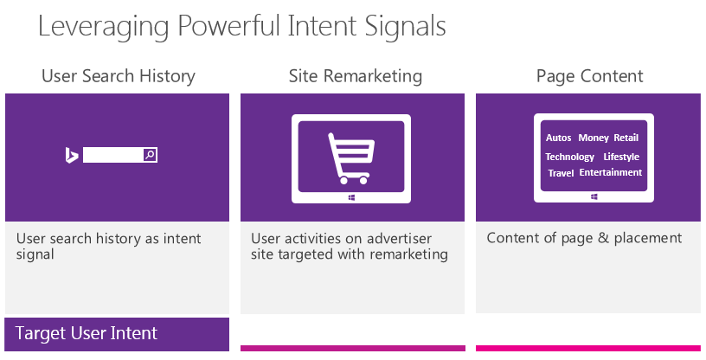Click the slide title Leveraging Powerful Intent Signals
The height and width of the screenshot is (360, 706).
(241, 26)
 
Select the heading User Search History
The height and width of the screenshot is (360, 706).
(119, 76)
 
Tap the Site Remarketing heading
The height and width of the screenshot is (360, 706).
(356, 76)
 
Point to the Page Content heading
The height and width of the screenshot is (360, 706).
(589, 76)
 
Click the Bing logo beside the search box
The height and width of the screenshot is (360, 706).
(72, 155)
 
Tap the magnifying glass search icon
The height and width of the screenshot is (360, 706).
(150, 155)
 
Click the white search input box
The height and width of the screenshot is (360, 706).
(113, 155)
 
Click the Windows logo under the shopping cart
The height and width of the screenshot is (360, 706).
(351, 197)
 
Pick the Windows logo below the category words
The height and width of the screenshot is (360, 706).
(594, 197)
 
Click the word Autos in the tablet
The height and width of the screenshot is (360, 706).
(558, 138)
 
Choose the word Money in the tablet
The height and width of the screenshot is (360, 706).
(594, 138)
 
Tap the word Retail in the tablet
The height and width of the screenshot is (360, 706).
(626, 138)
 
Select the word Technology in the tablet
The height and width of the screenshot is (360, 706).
(569, 157)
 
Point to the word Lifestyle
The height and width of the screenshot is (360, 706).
(621, 157)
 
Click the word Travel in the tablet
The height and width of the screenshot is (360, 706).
(561, 173)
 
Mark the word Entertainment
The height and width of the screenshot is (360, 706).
(611, 172)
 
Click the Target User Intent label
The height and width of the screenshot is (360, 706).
(87, 333)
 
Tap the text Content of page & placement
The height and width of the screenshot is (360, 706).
(584, 238)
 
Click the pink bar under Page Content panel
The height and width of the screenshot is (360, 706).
(588, 348)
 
